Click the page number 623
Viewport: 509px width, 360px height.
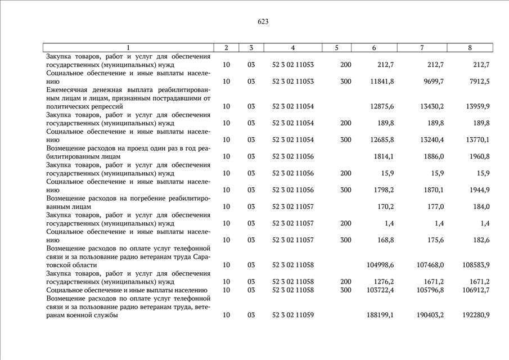pyautogui.click(x=263, y=22)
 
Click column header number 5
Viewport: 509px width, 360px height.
pyautogui.click(x=336, y=48)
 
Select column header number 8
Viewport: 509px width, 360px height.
pyautogui.click(x=470, y=48)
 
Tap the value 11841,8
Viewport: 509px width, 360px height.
pyautogui.click(x=382, y=82)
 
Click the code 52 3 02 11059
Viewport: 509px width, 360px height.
pyautogui.click(x=292, y=315)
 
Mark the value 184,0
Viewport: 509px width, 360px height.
pyautogui.click(x=480, y=206)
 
